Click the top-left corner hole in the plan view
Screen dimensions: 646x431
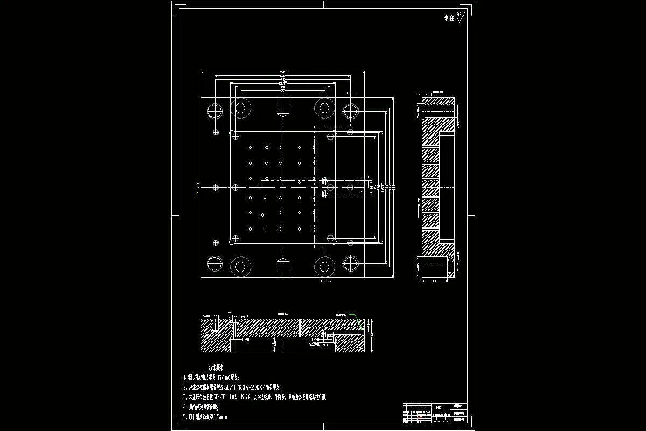(x=215, y=111)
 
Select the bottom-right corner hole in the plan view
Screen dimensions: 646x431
(x=350, y=264)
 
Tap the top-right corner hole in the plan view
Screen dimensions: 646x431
(x=350, y=111)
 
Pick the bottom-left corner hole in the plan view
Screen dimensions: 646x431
(x=215, y=264)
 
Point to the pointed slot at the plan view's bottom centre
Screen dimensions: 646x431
(x=283, y=267)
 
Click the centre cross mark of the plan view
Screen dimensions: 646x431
(x=283, y=187)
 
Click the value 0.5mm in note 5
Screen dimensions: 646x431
(x=221, y=417)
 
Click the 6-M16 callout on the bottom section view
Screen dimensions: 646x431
(x=206, y=316)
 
